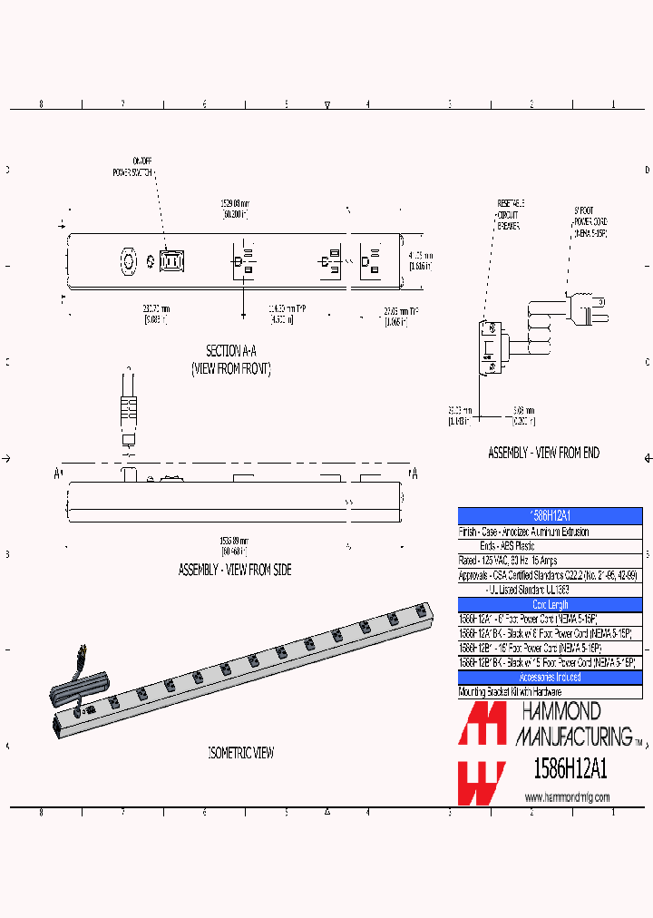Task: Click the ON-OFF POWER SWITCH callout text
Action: click(x=132, y=166)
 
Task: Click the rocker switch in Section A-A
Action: click(x=171, y=261)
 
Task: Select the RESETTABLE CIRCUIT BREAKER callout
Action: click(x=508, y=214)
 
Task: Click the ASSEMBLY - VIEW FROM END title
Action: click(x=543, y=452)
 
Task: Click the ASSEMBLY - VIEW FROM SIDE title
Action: click(x=234, y=570)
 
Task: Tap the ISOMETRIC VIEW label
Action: click(x=240, y=752)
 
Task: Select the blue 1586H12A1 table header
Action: click(x=550, y=514)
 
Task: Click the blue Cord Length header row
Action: click(x=550, y=604)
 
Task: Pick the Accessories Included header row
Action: click(x=550, y=678)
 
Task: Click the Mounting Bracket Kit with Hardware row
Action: click(x=550, y=692)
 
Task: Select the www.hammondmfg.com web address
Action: click(x=567, y=797)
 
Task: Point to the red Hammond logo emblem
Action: click(x=482, y=752)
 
